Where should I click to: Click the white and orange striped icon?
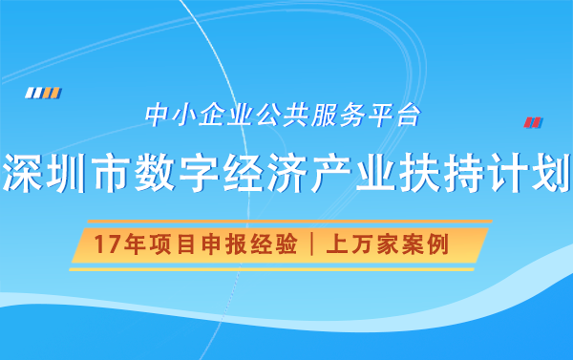coord(43,93)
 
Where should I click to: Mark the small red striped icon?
coord(533,122)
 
